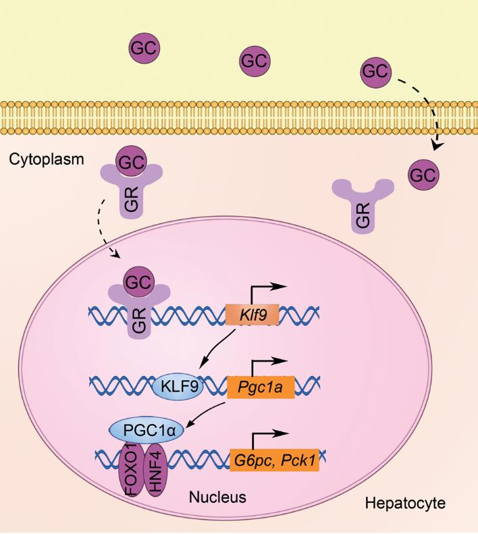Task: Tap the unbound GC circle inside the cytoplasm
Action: click(x=423, y=175)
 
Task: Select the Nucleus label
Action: click(x=217, y=499)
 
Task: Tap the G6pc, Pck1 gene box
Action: click(x=274, y=462)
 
